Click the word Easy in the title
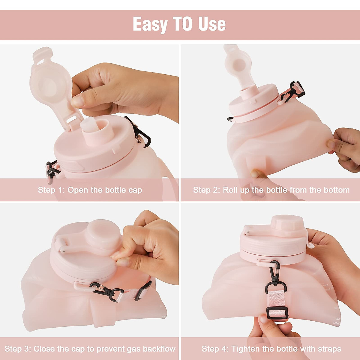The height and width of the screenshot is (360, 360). click(x=150, y=24)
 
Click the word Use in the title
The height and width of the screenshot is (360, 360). click(x=212, y=24)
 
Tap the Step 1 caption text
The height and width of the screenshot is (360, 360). click(x=90, y=190)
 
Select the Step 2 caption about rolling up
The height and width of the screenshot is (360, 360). click(x=271, y=190)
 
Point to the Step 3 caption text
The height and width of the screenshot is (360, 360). click(x=90, y=349)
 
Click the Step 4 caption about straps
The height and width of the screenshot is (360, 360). click(x=271, y=349)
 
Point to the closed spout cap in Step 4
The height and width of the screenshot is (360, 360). click(x=286, y=223)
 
